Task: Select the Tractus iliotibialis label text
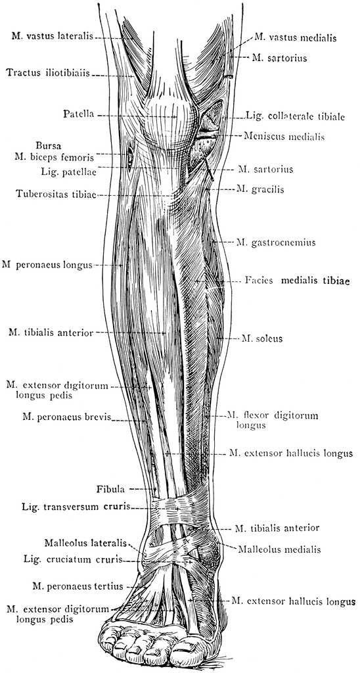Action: click(x=48, y=73)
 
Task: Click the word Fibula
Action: click(x=110, y=489)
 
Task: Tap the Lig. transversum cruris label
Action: click(x=76, y=507)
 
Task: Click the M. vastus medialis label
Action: click(x=295, y=37)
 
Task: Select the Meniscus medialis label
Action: click(x=284, y=137)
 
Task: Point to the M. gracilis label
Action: click(x=259, y=189)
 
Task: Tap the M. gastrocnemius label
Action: click(x=276, y=243)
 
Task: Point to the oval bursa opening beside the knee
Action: click(x=129, y=158)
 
